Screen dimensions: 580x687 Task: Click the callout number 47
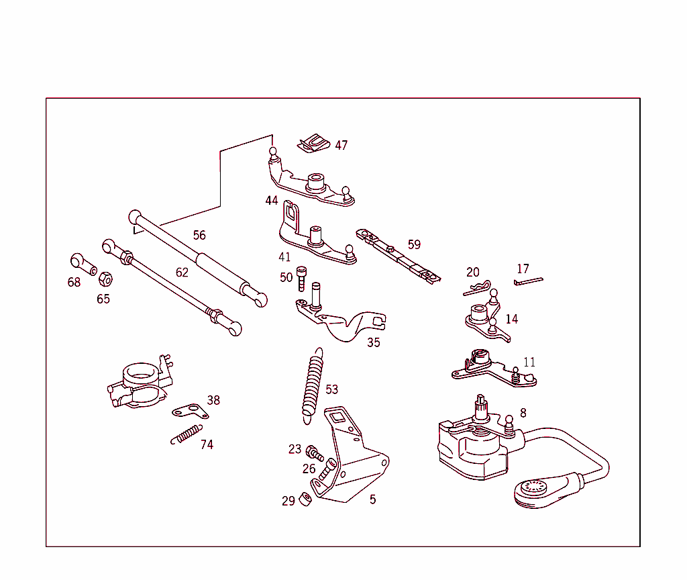click(341, 145)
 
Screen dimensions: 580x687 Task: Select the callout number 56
click(199, 235)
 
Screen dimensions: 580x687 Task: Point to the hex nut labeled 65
click(105, 278)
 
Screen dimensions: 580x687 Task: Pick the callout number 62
click(182, 272)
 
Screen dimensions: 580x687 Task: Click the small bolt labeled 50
click(302, 277)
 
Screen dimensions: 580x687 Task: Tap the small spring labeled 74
click(185, 434)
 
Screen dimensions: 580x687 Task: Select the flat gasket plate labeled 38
click(190, 411)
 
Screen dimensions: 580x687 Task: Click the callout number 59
click(414, 244)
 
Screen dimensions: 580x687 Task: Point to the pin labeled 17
click(528, 281)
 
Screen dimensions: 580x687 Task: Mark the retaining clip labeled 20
click(477, 289)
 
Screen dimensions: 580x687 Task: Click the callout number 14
click(512, 319)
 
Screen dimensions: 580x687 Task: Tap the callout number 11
click(529, 362)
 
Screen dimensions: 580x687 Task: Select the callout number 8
click(523, 413)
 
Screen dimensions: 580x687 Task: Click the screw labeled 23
click(311, 452)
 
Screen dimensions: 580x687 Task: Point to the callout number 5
click(372, 499)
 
